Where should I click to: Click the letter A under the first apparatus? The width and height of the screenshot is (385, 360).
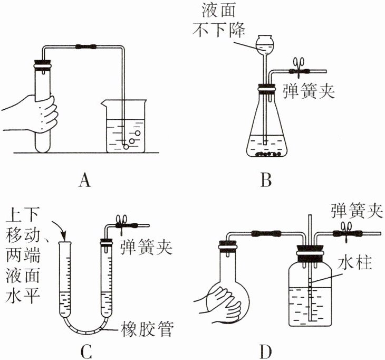(84, 181)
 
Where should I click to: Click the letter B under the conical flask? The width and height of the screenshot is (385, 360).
(266, 181)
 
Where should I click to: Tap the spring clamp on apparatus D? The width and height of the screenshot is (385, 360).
(346, 229)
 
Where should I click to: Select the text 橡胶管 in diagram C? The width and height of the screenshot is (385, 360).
(146, 328)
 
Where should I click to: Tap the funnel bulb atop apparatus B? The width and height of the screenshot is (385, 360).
(265, 44)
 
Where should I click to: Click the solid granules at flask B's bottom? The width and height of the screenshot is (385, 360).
(268, 155)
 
